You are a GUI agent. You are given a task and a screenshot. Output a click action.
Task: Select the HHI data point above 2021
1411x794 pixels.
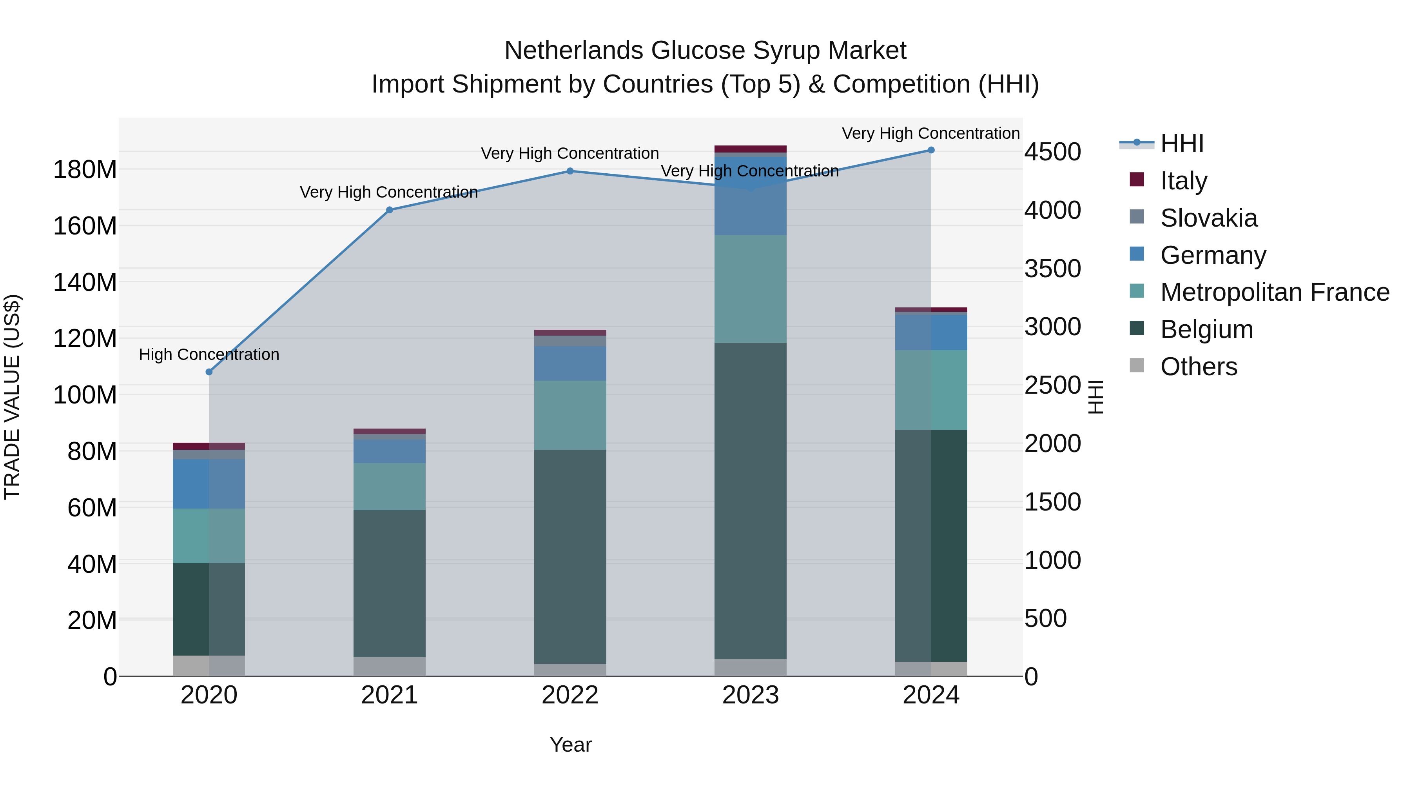(390, 210)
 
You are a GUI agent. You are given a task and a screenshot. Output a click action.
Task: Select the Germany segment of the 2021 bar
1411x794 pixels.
(390, 451)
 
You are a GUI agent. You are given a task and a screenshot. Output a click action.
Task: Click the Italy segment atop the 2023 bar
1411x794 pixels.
(751, 149)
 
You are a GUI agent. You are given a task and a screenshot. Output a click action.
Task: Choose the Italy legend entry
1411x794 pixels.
(1183, 181)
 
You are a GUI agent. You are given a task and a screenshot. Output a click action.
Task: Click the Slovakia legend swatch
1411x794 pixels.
(1137, 217)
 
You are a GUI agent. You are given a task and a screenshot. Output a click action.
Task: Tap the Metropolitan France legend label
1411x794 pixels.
(1275, 292)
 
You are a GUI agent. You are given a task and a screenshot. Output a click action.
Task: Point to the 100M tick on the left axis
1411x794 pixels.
(85, 394)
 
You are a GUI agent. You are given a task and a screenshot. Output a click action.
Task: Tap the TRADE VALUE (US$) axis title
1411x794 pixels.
(13, 397)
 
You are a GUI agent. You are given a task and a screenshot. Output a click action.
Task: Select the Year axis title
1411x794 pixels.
(570, 745)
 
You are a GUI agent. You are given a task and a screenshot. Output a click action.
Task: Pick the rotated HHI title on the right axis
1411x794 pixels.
(1095, 397)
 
